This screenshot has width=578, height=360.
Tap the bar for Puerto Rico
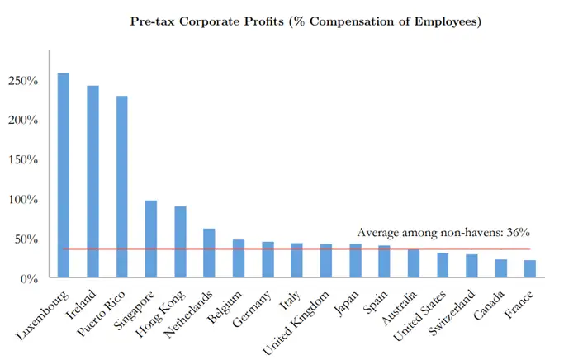122,187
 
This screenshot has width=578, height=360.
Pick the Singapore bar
151,239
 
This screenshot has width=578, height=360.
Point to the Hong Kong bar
180,243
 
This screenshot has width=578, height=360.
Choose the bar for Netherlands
209,253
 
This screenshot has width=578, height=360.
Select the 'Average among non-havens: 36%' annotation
443,234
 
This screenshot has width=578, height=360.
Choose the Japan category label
345,301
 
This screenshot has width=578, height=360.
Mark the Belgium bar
239,259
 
